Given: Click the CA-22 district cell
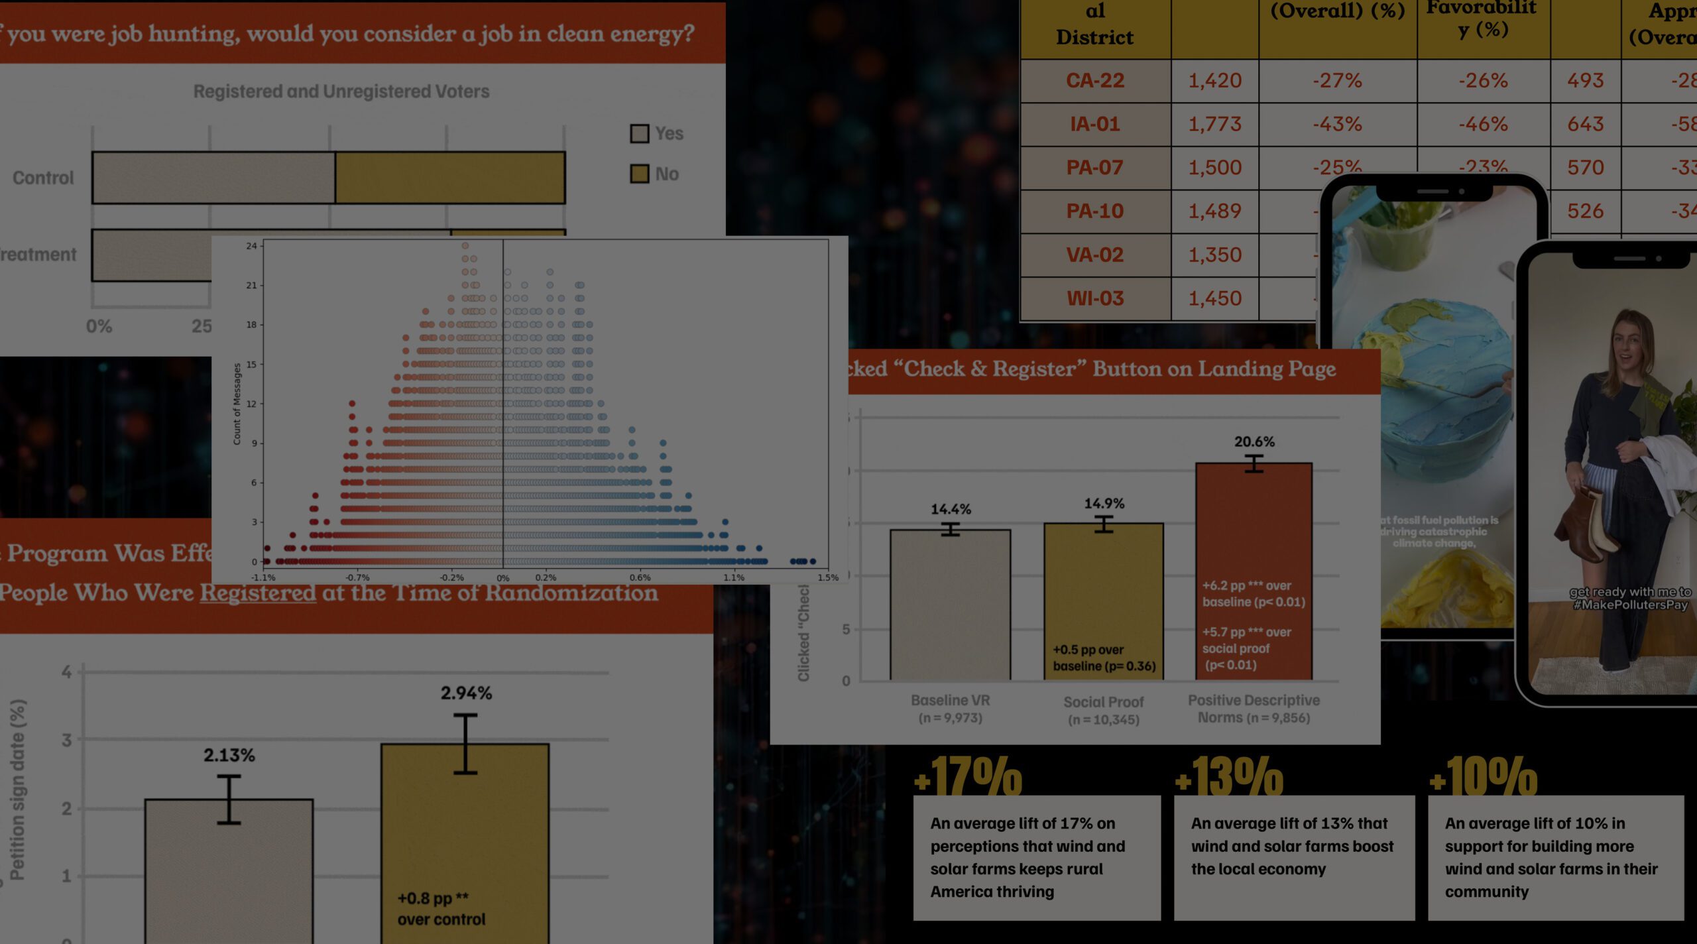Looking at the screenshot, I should click(1095, 81).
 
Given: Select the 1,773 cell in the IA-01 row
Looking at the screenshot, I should click(1214, 124).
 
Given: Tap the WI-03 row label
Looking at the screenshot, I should click(1095, 298).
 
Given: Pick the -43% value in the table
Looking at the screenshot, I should click(1337, 124).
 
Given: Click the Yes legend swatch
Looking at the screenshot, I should click(639, 134).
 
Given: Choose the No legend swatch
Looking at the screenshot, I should click(639, 174).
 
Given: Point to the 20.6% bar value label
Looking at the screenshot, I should click(1254, 442).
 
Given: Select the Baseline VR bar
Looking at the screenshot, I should click(950, 603).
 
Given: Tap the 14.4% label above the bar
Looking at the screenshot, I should click(951, 509).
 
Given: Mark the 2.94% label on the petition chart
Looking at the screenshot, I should click(466, 693).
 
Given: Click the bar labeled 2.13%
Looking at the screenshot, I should click(229, 868).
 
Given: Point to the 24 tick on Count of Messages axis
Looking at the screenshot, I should click(251, 246).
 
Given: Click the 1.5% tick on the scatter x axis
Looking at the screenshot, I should click(828, 577).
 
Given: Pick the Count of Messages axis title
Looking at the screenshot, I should click(237, 404).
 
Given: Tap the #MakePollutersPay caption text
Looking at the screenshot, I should click(1630, 605).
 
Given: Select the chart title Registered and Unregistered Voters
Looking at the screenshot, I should click(341, 91).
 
